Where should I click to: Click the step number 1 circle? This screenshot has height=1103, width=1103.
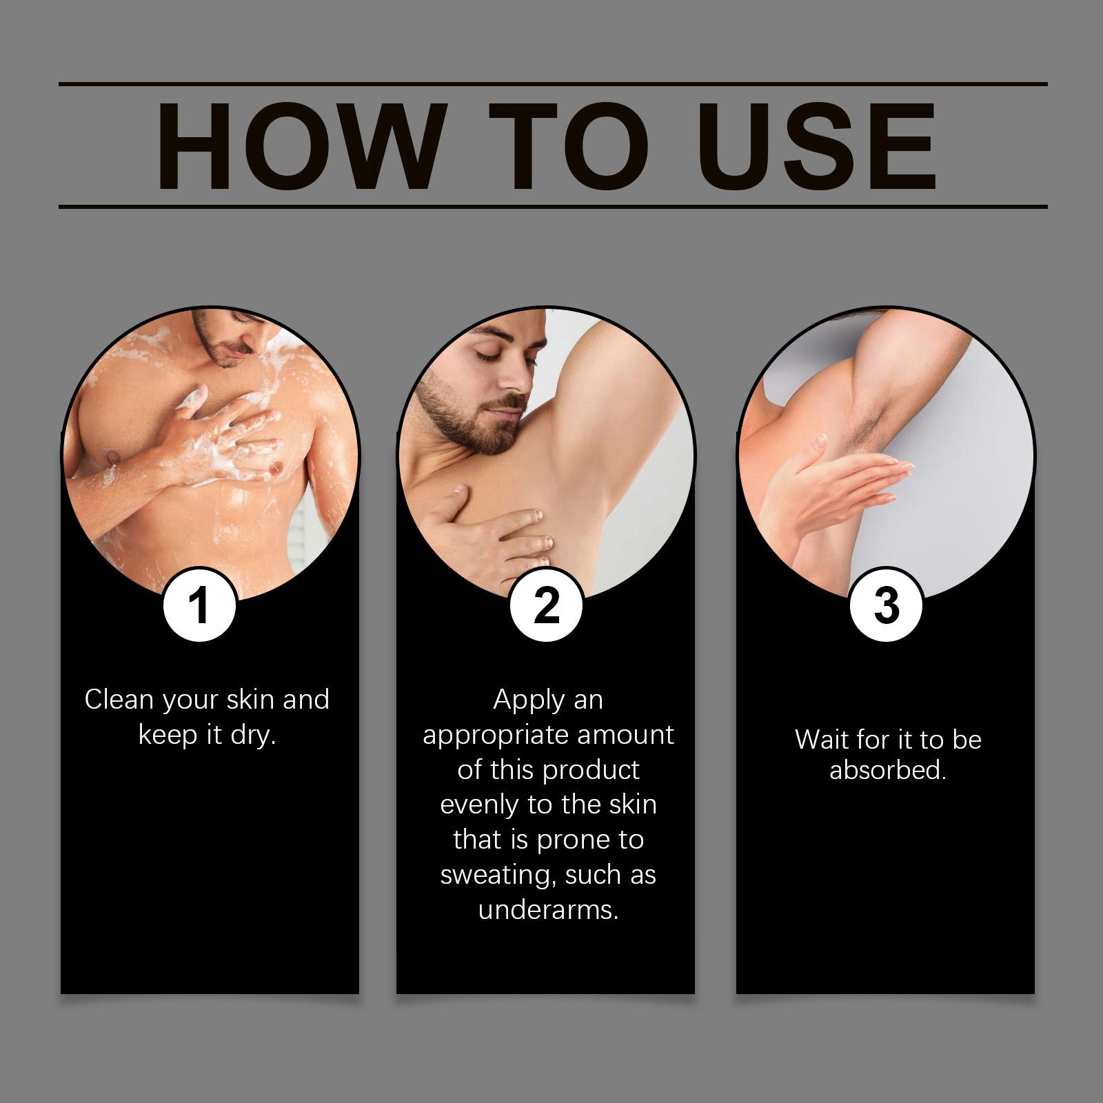coord(200,605)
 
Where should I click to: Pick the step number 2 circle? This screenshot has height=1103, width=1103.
coord(547,605)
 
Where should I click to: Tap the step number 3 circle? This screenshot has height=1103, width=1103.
coord(886,605)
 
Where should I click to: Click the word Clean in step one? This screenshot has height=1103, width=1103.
coord(118,700)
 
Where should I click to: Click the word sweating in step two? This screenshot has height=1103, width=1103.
coord(498,876)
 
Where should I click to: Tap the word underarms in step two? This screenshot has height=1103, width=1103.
coord(548,910)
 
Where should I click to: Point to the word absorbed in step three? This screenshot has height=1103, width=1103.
coord(888,770)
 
